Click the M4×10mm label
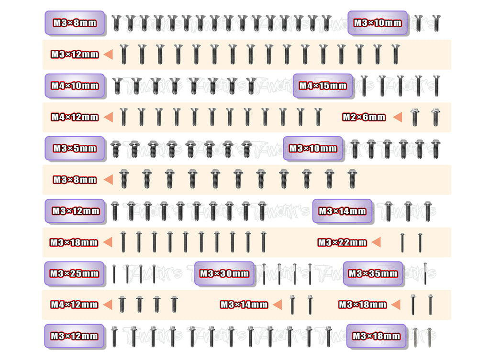click(x=75, y=86)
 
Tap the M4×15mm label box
click(x=323, y=86)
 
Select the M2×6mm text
click(x=364, y=117)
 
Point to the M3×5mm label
click(x=75, y=148)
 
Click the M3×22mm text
click(x=342, y=242)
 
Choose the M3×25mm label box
click(x=74, y=273)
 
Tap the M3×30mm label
click(x=224, y=273)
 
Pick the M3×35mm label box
click(x=373, y=273)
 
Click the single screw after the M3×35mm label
click(x=425, y=273)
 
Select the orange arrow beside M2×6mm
click(x=398, y=117)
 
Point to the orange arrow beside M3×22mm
click(x=376, y=242)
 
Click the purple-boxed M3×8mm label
click(x=75, y=23)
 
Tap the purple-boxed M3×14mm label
click(x=342, y=211)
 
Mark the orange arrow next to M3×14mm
click(x=278, y=305)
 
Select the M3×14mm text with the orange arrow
click(x=244, y=305)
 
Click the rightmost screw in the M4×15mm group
click(x=436, y=86)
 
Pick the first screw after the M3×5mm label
click(x=116, y=149)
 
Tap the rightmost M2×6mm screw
click(x=435, y=117)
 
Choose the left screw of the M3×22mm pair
click(x=402, y=242)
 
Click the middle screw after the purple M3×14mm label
click(x=408, y=211)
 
